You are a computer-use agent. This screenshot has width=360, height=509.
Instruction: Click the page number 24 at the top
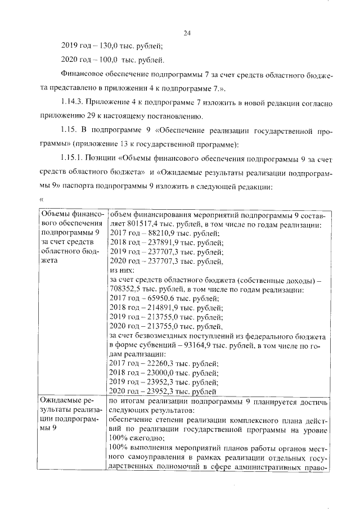[188, 33]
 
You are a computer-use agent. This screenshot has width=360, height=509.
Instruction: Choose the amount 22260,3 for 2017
[155, 364]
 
